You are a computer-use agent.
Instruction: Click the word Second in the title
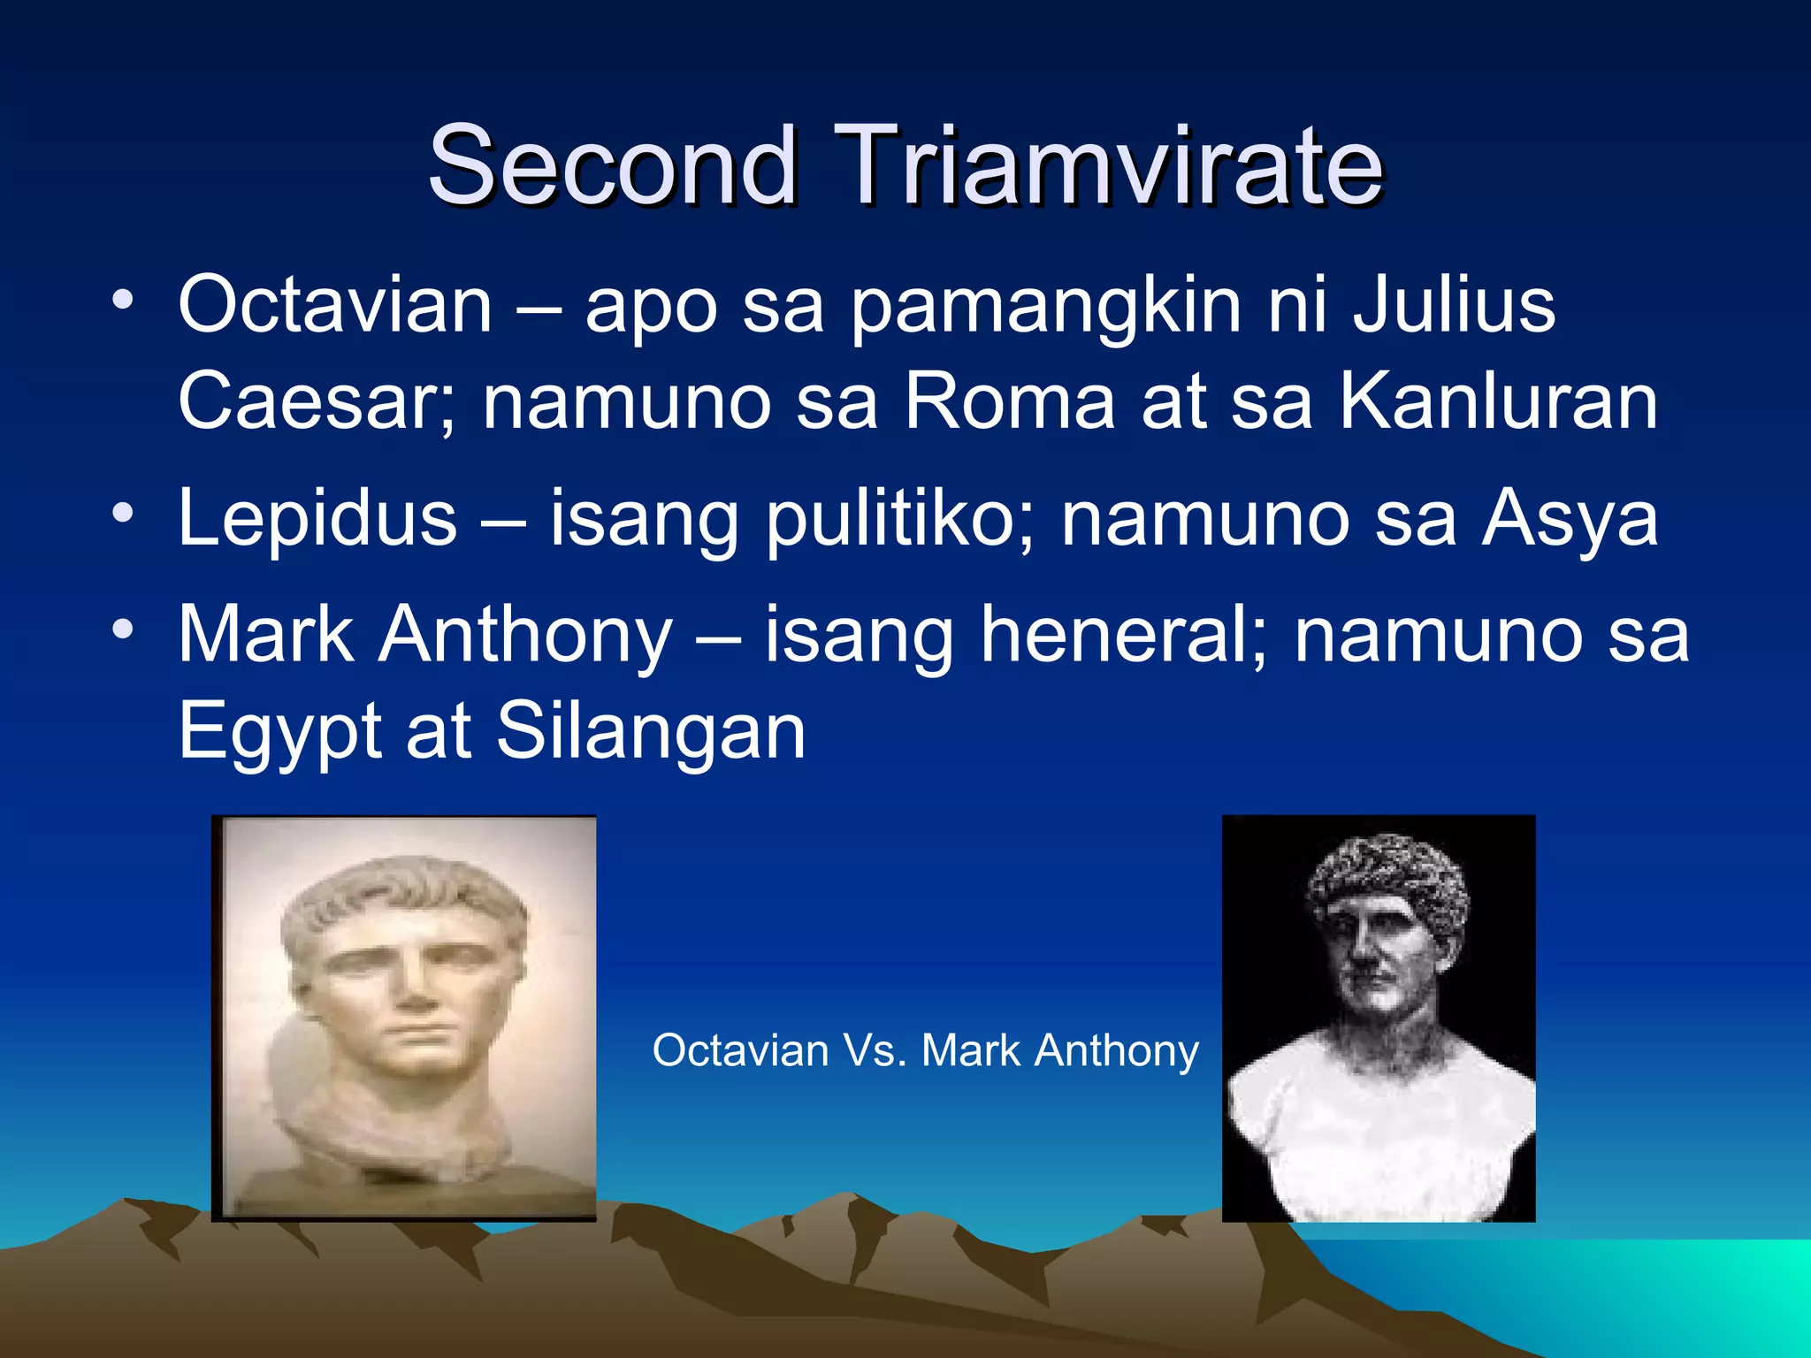612,165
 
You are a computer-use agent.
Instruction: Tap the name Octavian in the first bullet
335,305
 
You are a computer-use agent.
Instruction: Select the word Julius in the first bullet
1454,305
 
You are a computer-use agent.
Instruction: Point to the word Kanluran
1499,402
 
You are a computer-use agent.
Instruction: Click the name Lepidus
317,518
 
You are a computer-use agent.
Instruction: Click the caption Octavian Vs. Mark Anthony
925,1051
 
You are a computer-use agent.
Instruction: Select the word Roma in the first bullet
1010,402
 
